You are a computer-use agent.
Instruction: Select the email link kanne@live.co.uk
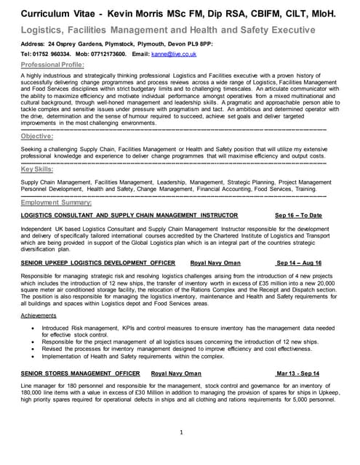click(172, 54)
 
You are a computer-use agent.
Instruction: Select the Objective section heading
click(36, 136)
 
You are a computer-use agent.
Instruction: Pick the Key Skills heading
click(37, 169)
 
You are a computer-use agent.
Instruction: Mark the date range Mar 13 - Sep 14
click(297, 373)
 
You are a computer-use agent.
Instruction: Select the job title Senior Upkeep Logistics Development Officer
click(98, 262)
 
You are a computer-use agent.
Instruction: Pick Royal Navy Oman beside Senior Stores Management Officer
click(176, 373)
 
